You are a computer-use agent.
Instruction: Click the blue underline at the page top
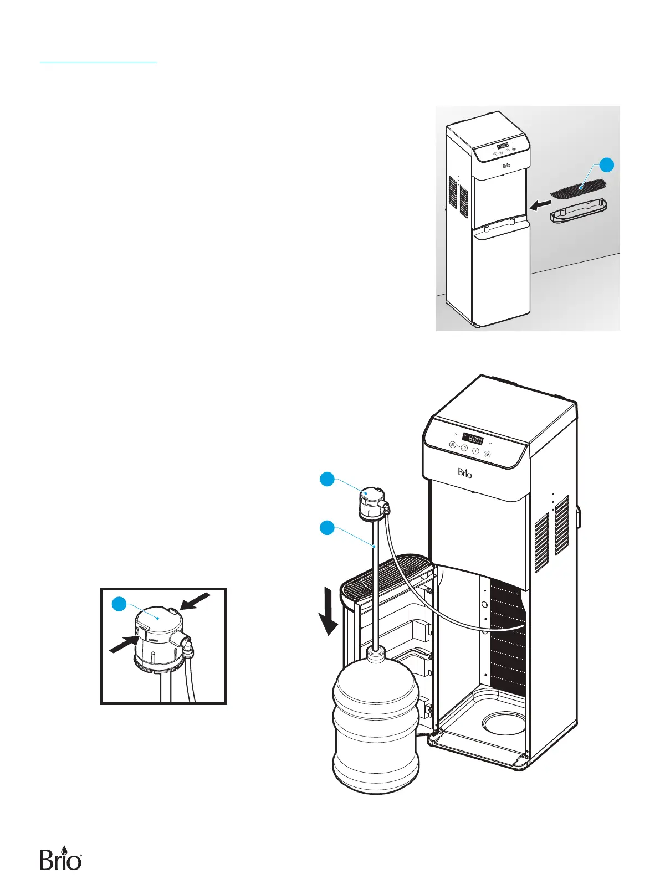click(x=99, y=63)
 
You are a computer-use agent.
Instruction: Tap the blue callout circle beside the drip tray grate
click(x=606, y=166)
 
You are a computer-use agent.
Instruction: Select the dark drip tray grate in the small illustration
click(x=579, y=188)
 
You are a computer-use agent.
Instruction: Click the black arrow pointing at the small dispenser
click(x=540, y=205)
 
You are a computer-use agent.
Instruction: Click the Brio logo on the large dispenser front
click(x=465, y=473)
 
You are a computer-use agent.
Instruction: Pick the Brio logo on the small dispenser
click(x=506, y=166)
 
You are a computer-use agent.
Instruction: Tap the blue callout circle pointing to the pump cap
click(x=328, y=479)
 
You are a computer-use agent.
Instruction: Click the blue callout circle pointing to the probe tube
click(x=328, y=528)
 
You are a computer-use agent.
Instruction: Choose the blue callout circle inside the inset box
click(x=120, y=605)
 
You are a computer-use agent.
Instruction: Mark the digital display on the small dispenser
click(x=503, y=145)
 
